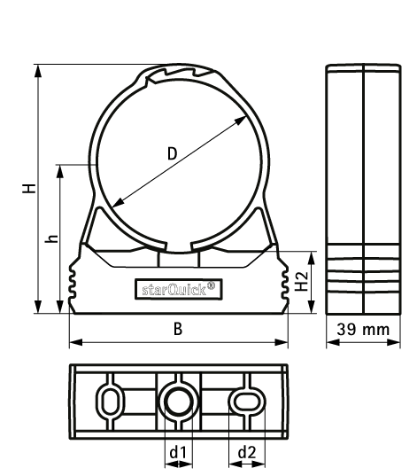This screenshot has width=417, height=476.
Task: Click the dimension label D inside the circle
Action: click(172, 153)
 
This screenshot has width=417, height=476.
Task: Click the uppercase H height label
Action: click(30, 189)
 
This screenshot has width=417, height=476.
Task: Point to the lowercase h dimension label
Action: click(52, 238)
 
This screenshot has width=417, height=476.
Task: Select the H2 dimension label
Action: click(303, 282)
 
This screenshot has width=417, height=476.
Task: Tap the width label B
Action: click(178, 329)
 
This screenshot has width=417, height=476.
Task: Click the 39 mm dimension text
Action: click(363, 330)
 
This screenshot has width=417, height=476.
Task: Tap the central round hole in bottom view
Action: click(177, 402)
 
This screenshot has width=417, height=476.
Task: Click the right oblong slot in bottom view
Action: click(245, 402)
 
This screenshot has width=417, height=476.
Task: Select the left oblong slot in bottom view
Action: click(110, 402)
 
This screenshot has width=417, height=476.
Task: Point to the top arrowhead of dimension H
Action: click(37, 71)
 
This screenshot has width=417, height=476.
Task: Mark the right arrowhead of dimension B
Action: click(284, 342)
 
